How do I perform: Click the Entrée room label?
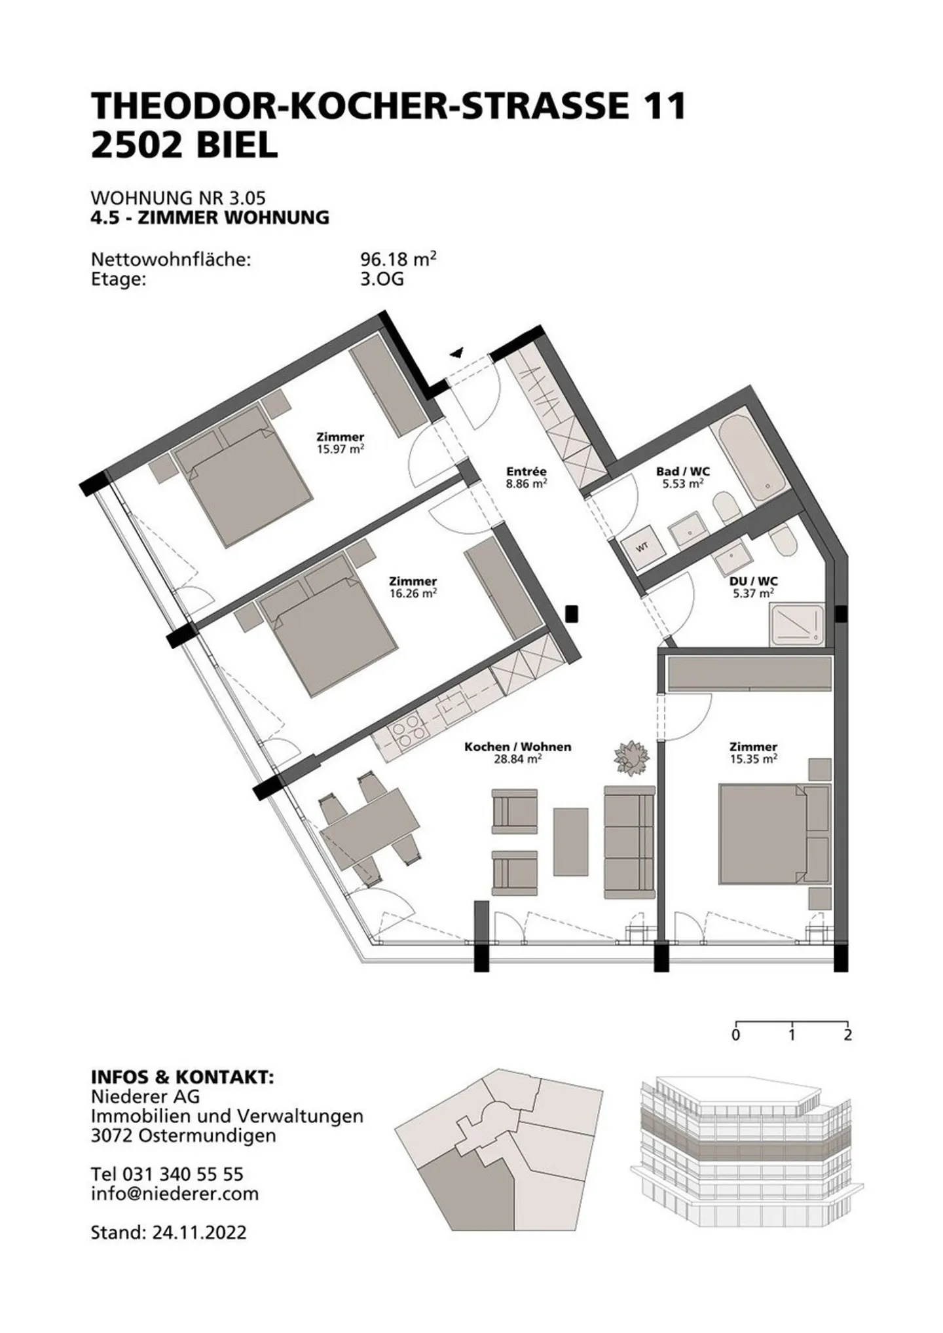pyautogui.click(x=526, y=471)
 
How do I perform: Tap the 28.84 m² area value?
pyautogui.click(x=517, y=759)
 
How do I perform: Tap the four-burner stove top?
pyautogui.click(x=407, y=734)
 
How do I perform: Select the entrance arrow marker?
pyautogui.click(x=456, y=353)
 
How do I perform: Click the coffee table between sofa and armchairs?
pyautogui.click(x=570, y=841)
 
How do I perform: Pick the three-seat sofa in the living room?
pyautogui.click(x=629, y=842)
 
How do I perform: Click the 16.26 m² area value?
pyautogui.click(x=413, y=594)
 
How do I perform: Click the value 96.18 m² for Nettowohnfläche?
pyautogui.click(x=398, y=259)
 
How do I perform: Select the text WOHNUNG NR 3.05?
pyautogui.click(x=178, y=198)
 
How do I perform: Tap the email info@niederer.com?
pyautogui.click(x=175, y=1193)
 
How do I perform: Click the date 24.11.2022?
pyautogui.click(x=199, y=1232)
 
